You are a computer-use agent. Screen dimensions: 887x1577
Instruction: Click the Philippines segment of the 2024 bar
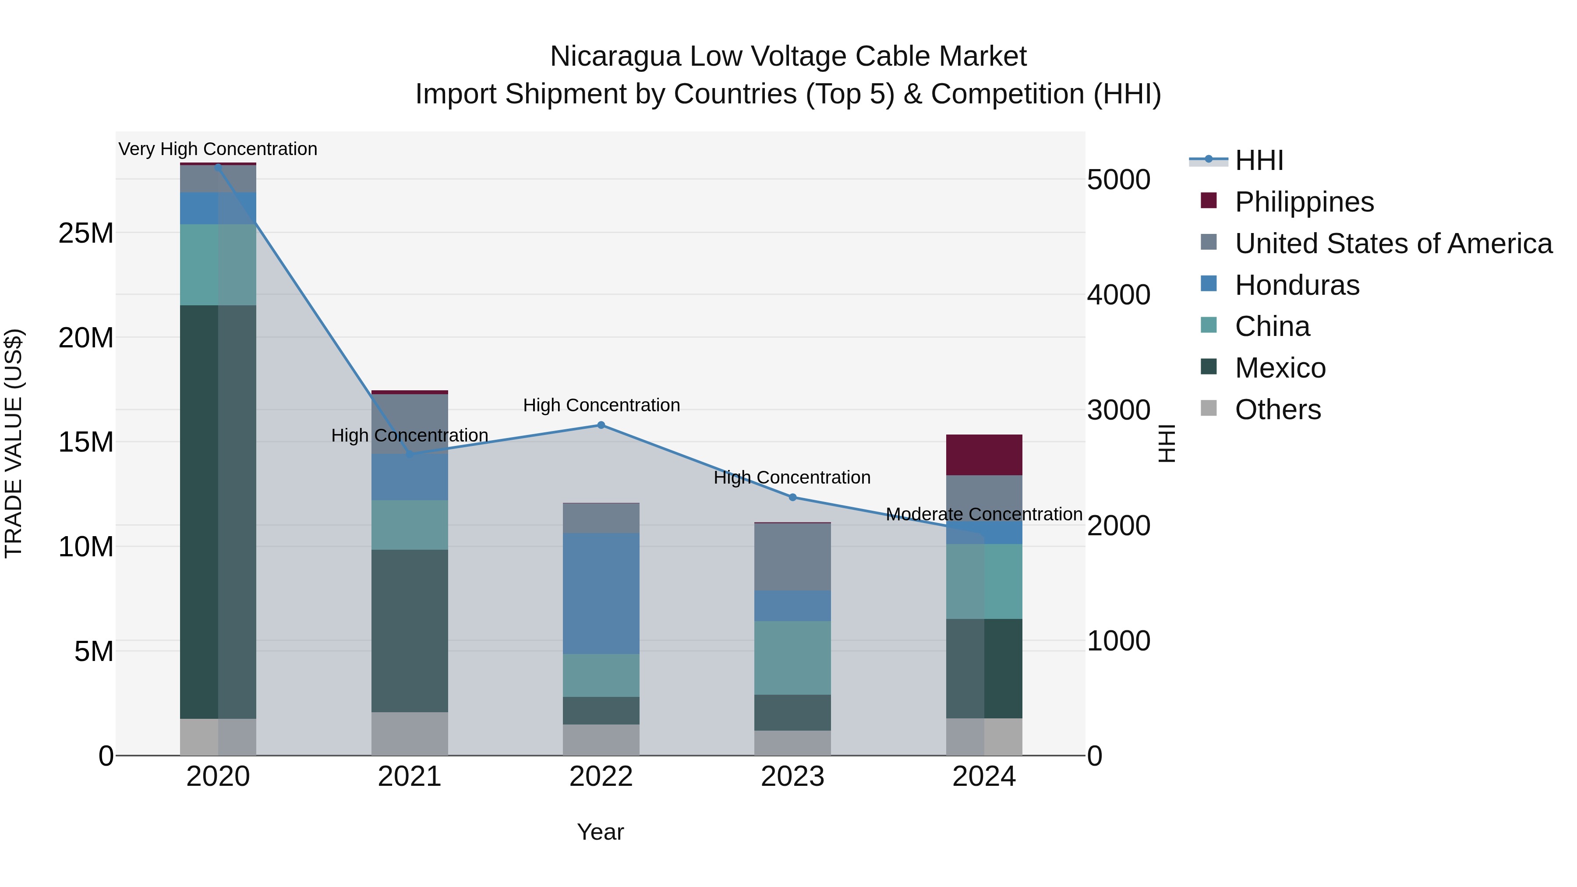click(x=984, y=455)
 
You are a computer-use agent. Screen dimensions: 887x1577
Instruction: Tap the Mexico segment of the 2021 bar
click(x=410, y=630)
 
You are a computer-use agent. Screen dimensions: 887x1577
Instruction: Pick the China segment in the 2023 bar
click(x=792, y=657)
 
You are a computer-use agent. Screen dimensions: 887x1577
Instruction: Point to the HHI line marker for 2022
click(x=601, y=425)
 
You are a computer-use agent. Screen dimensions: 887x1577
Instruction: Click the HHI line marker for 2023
click(x=792, y=497)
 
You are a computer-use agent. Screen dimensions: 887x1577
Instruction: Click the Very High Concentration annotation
click(x=218, y=149)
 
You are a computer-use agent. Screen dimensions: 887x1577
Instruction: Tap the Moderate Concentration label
click(x=984, y=514)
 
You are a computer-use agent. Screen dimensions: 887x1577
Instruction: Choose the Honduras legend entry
click(x=1297, y=285)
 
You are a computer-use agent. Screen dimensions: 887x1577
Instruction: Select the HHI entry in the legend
click(x=1259, y=160)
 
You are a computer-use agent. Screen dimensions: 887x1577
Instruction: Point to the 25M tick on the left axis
click(x=86, y=233)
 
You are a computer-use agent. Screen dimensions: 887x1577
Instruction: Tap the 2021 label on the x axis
click(x=410, y=777)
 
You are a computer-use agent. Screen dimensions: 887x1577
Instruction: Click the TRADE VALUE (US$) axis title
click(x=14, y=443)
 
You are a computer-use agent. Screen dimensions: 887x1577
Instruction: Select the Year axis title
click(x=600, y=832)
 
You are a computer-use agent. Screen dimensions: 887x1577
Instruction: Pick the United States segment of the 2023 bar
click(x=792, y=556)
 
